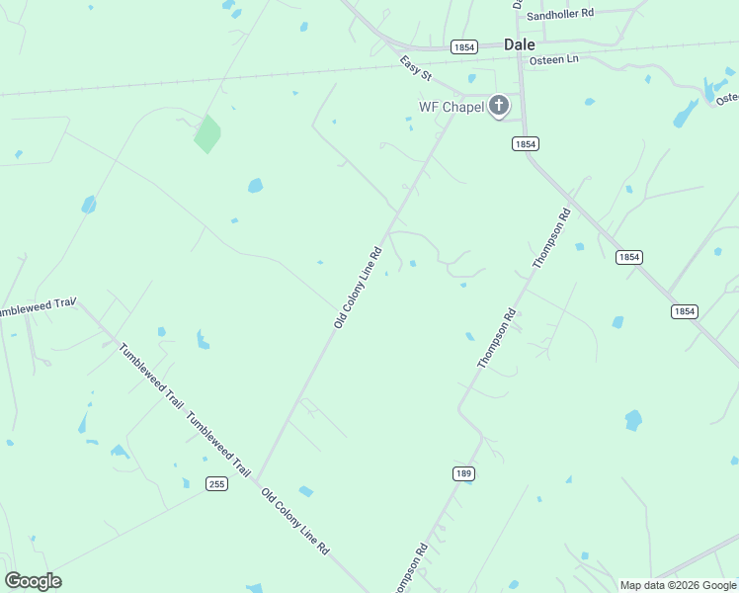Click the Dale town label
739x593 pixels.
[x=519, y=44]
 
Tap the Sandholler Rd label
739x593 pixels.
[x=559, y=15]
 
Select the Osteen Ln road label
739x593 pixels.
[x=553, y=60]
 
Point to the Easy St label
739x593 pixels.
[x=416, y=68]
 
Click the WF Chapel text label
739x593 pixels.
[x=452, y=107]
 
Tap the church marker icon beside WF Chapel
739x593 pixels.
[x=499, y=106]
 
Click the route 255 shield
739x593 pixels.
[x=217, y=483]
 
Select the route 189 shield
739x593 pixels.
[x=464, y=473]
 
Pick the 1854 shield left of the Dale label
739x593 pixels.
[x=463, y=46]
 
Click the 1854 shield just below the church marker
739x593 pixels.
[x=525, y=144]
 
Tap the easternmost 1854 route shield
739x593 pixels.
[x=684, y=311]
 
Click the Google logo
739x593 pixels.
[x=33, y=581]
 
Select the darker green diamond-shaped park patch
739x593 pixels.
[x=206, y=134]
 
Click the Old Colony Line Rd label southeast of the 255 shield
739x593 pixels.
[x=294, y=520]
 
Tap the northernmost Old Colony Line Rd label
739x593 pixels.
[x=358, y=288]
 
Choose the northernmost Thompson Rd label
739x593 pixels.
[x=551, y=238]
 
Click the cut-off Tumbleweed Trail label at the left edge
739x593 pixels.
[x=37, y=307]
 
